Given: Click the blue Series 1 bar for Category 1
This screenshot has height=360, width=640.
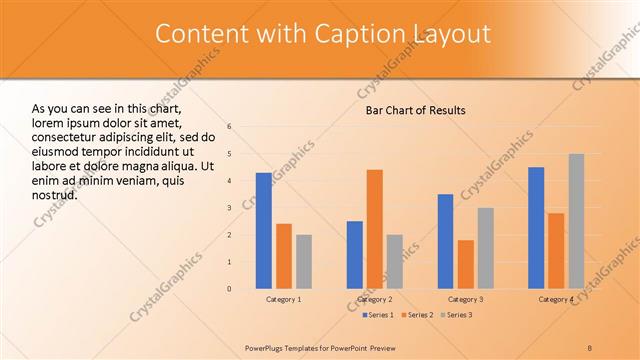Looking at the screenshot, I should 264,231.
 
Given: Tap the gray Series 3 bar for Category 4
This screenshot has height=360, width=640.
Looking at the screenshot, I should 576,221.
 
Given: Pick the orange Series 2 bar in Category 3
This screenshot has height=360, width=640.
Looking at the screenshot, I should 466,264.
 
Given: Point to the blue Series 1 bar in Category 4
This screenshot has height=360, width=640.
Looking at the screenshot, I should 536,228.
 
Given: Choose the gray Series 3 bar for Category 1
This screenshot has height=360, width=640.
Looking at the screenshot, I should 304,262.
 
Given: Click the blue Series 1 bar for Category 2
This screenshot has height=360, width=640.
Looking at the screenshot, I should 355,255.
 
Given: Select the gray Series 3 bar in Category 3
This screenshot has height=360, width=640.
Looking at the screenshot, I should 486,248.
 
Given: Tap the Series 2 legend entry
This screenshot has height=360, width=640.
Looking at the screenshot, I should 417,315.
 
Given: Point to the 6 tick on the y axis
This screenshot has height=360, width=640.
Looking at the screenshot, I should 229,127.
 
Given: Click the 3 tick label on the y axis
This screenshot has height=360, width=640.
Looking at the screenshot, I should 229,208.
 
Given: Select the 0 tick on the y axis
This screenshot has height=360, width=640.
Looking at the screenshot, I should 229,289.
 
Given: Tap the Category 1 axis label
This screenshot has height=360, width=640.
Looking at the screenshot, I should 284,299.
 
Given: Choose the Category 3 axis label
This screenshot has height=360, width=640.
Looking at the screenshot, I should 466,299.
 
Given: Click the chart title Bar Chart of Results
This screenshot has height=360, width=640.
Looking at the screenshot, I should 414,110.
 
